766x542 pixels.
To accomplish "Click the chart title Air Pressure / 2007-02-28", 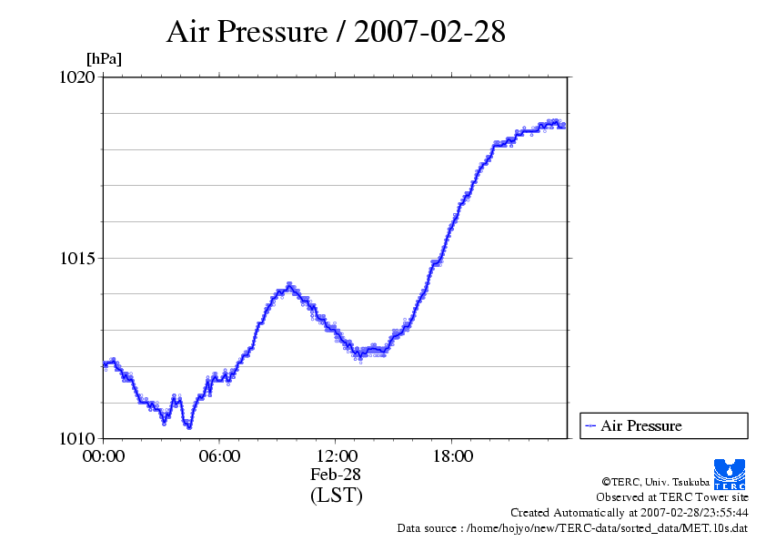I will pyautogui.click(x=336, y=32).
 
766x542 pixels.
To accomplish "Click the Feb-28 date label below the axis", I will pyautogui.click(x=336, y=475).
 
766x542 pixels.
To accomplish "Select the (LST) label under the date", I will pyautogui.click(x=336, y=496).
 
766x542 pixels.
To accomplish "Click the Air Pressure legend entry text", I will pyautogui.click(x=640, y=425).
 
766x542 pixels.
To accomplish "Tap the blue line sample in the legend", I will pyautogui.click(x=590, y=425).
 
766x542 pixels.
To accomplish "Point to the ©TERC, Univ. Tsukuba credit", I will pyautogui.click(x=654, y=481).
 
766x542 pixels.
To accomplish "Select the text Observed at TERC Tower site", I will pyautogui.click(x=672, y=497).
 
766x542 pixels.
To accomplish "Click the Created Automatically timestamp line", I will pyautogui.click(x=630, y=512).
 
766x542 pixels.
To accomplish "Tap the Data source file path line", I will pyautogui.click(x=572, y=527).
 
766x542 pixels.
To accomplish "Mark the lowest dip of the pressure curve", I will pyautogui.click(x=188, y=425).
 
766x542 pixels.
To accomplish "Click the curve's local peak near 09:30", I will pyautogui.click(x=289, y=285).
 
